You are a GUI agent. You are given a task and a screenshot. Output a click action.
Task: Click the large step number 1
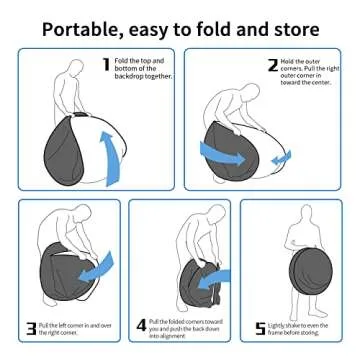coord(106,65)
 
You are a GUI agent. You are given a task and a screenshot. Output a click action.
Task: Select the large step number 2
coord(272,65)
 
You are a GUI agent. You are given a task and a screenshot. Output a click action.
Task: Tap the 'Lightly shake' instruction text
coord(301,328)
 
